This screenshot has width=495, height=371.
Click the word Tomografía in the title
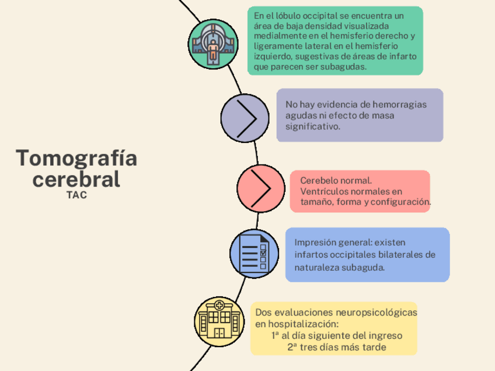(x=76, y=158)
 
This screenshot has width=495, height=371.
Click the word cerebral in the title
(x=76, y=179)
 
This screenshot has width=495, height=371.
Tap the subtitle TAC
(x=76, y=195)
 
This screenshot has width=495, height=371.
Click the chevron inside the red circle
(x=260, y=188)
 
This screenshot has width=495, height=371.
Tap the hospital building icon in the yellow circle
(x=219, y=320)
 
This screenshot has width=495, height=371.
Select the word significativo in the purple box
(x=312, y=126)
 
